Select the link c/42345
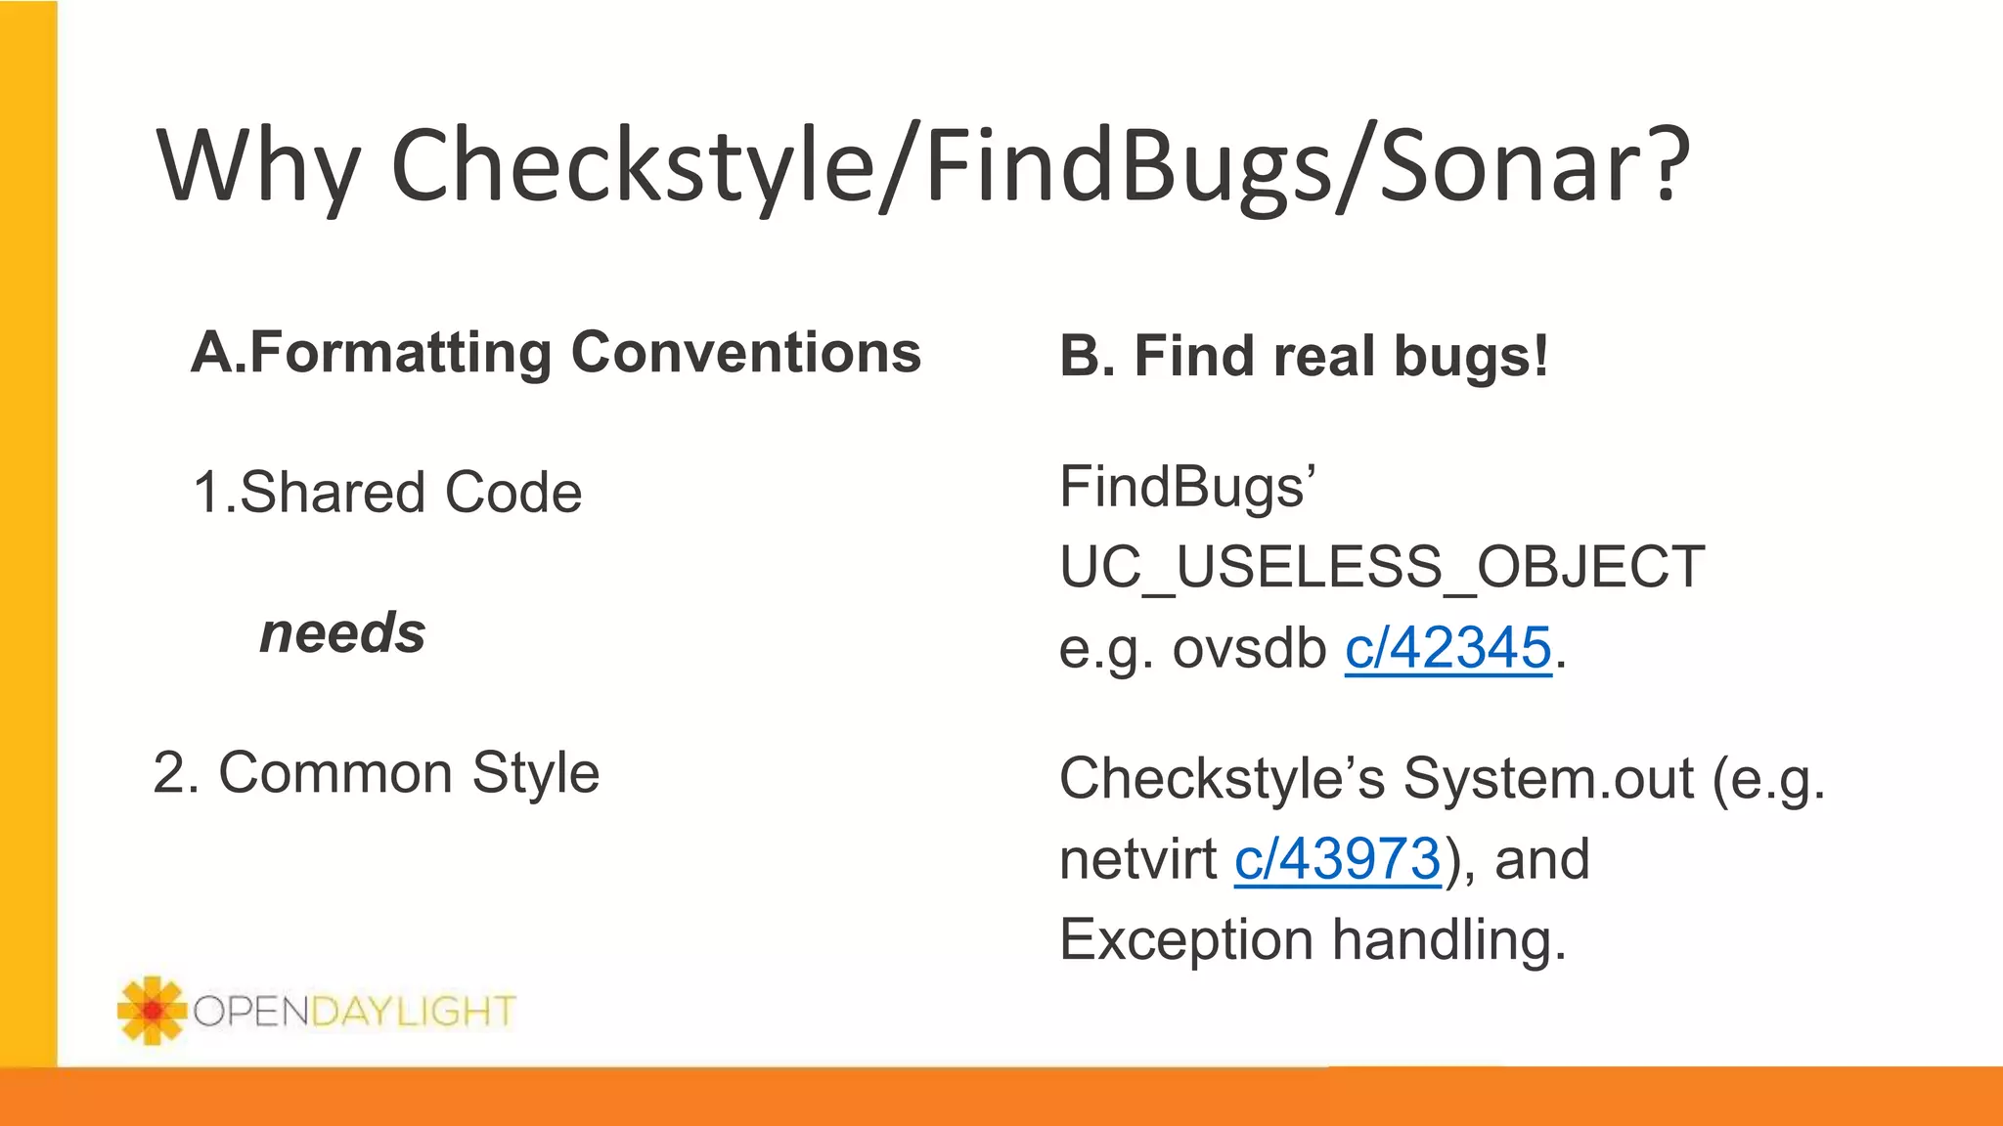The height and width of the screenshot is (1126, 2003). (1447, 648)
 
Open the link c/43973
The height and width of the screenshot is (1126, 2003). (1337, 860)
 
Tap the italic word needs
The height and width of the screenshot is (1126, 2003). (342, 633)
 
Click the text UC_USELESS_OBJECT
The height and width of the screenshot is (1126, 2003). (1382, 567)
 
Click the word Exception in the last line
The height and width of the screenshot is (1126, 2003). (1186, 940)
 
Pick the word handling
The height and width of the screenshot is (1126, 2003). (1448, 940)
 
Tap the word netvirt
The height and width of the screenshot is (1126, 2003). (1137, 860)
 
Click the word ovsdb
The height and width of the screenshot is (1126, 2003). (1249, 648)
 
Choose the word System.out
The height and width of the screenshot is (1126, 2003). (1548, 779)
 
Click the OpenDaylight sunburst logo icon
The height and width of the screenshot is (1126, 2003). (151, 1010)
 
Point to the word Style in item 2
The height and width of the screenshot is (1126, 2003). (535, 773)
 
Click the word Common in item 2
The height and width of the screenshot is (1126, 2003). (334, 773)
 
